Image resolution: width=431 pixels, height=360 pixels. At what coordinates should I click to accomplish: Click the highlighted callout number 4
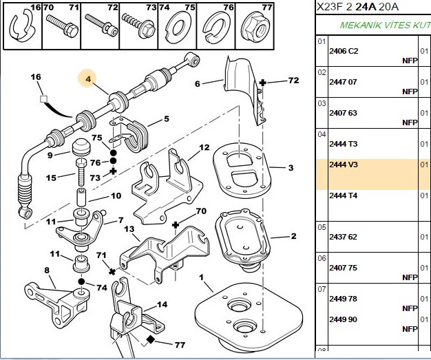[88, 79]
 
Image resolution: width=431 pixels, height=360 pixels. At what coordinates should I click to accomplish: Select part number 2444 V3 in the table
[344, 165]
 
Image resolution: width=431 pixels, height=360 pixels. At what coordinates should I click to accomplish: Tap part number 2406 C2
[344, 51]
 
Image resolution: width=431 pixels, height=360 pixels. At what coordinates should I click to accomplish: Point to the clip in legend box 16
[21, 26]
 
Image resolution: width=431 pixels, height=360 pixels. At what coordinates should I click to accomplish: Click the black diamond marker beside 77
[150, 339]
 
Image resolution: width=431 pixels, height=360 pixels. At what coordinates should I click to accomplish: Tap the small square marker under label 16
[43, 98]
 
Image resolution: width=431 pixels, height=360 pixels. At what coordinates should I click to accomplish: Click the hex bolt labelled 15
[81, 172]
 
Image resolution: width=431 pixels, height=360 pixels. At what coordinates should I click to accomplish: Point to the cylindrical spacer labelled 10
[82, 197]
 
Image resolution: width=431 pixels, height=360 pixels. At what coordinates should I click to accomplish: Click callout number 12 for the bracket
[204, 147]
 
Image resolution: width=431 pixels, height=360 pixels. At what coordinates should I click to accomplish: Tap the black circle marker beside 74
[81, 282]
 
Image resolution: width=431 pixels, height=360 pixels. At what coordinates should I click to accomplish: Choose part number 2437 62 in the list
[343, 237]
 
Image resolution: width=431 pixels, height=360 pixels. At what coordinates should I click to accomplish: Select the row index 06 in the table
[322, 258]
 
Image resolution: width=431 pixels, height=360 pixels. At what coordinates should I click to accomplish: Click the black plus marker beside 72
[263, 83]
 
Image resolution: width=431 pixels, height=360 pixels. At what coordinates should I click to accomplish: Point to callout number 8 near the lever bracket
[47, 271]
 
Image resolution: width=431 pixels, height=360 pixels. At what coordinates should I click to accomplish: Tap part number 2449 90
[343, 319]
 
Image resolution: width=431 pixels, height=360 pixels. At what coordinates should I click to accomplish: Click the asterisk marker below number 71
[112, 271]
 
